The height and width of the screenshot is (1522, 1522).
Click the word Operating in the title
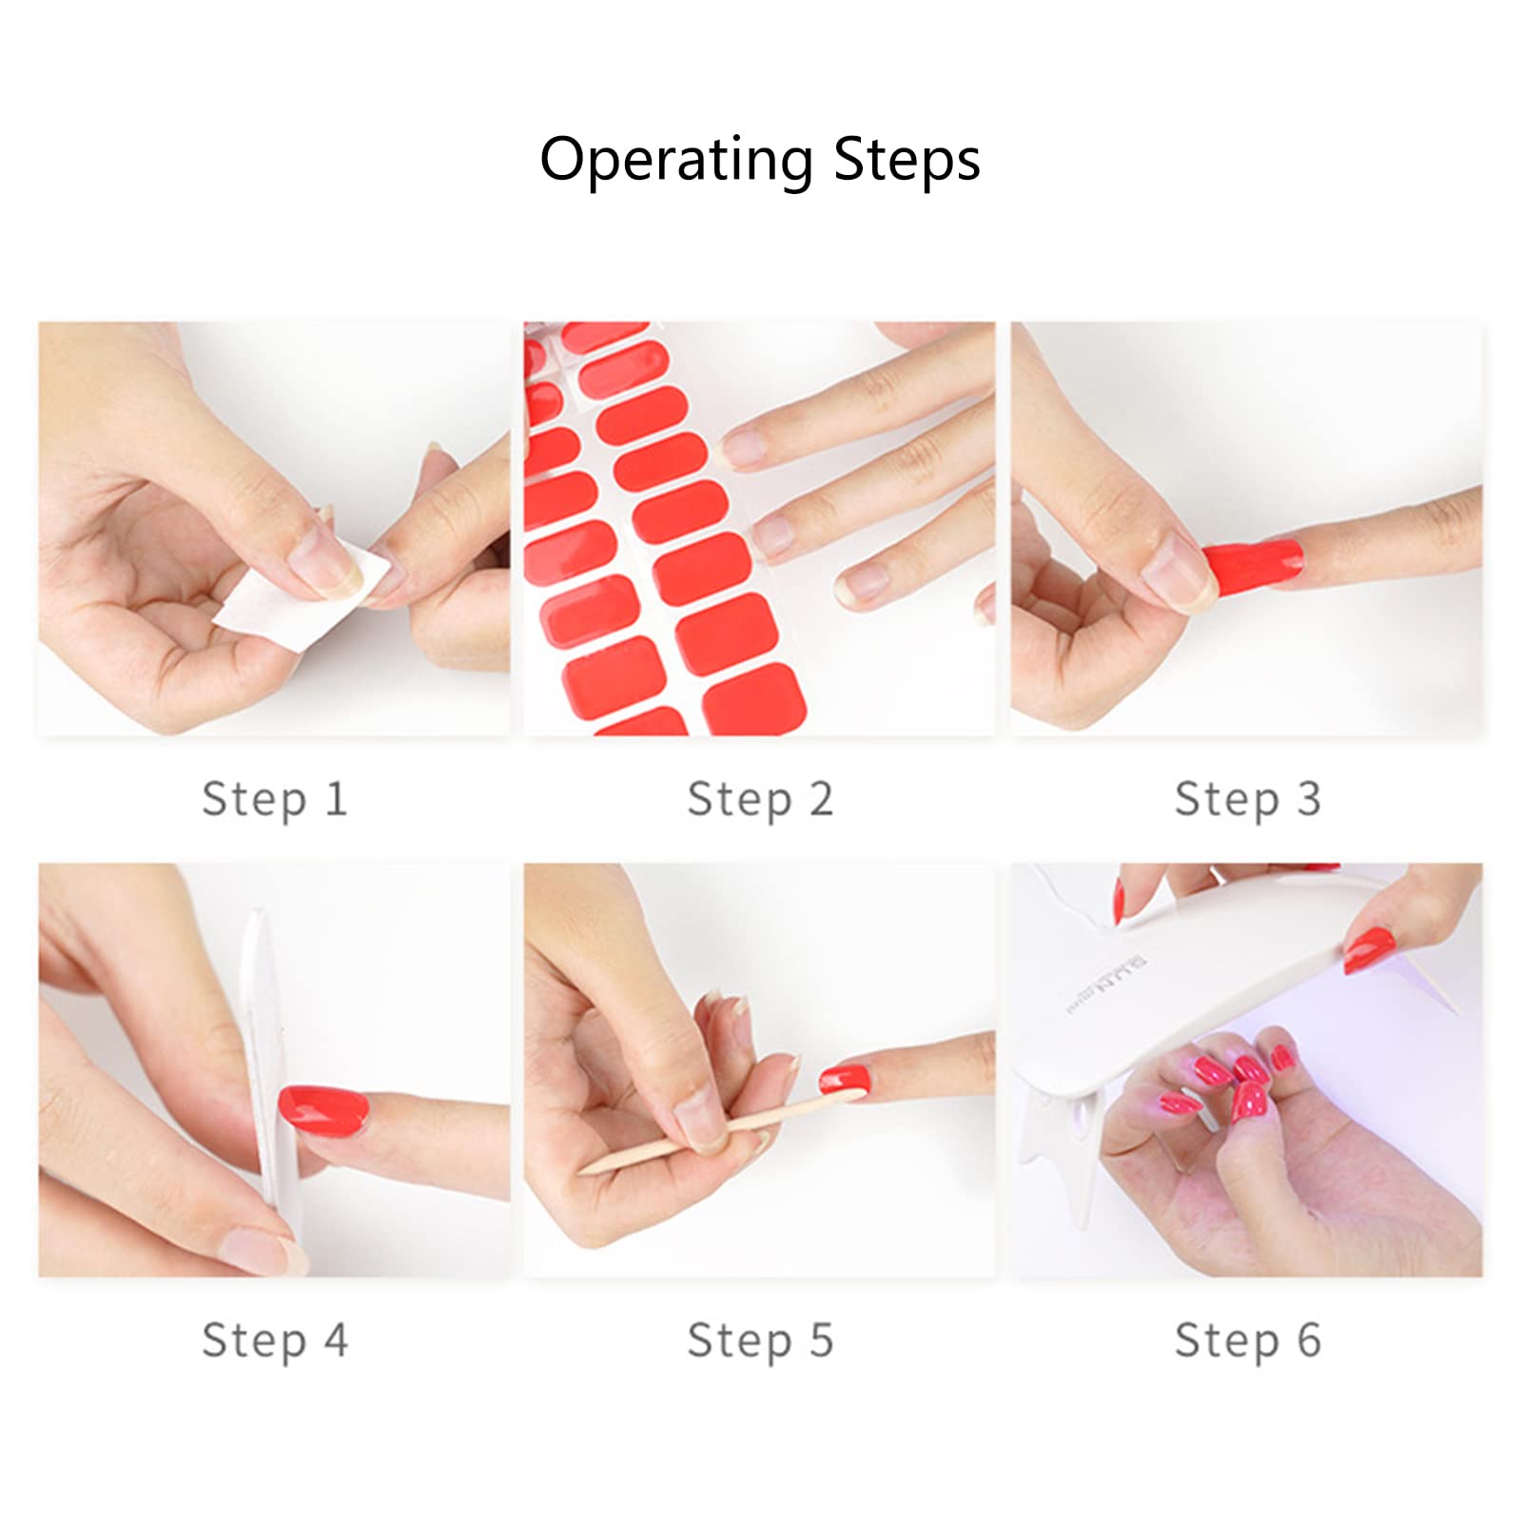(675, 160)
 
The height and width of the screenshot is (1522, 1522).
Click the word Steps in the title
(907, 160)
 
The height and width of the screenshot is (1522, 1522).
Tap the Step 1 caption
(274, 798)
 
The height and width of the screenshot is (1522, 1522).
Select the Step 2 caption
(760, 798)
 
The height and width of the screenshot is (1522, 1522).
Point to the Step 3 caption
(1247, 798)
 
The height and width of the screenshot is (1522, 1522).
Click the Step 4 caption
(274, 1339)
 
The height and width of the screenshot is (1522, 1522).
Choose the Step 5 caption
(760, 1339)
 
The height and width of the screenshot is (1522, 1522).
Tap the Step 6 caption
(1247, 1339)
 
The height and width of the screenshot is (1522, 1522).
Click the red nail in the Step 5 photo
(845, 1079)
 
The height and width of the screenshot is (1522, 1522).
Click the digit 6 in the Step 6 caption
(1309, 1339)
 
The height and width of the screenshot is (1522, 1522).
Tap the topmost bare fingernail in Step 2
(747, 447)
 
